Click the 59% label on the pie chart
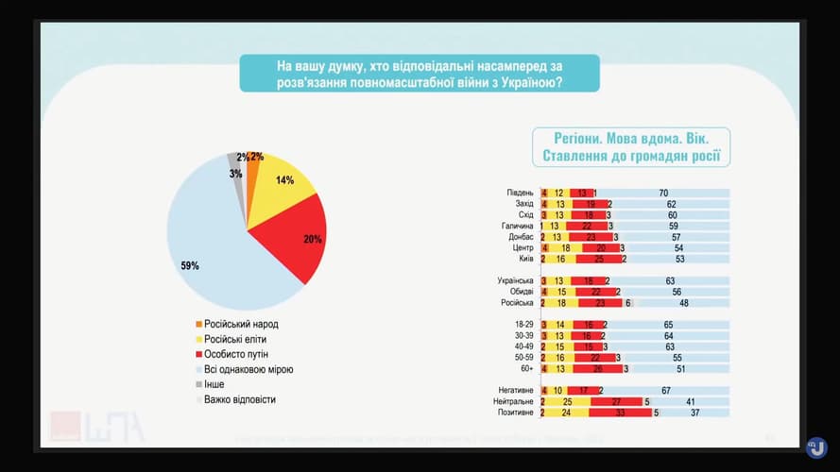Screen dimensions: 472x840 [x=189, y=266]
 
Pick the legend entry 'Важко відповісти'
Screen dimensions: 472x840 [x=245, y=399]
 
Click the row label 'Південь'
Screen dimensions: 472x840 [x=520, y=193]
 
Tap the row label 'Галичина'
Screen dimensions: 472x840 [x=518, y=226]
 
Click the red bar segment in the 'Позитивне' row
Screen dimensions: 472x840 [x=621, y=413]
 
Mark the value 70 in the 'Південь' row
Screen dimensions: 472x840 [x=664, y=193]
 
